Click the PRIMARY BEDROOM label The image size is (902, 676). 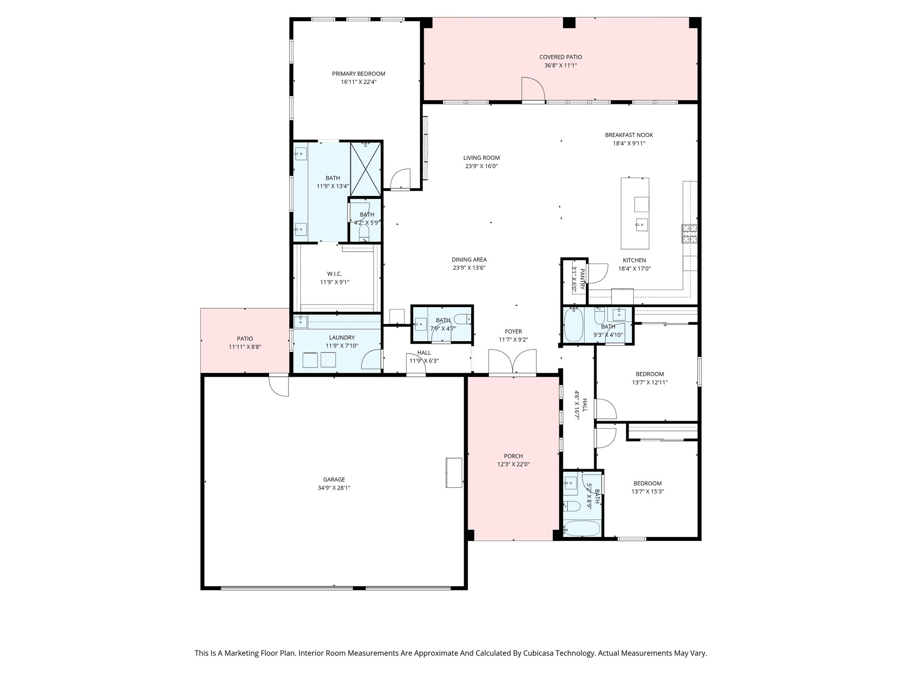[359, 73]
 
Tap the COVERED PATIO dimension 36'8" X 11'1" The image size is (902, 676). [560, 66]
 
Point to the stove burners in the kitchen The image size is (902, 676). [689, 233]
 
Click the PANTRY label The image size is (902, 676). [582, 279]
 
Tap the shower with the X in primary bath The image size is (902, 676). [366, 169]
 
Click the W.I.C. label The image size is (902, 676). [334, 274]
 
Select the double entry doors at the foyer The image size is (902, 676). [512, 362]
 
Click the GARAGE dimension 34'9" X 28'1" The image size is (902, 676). [334, 488]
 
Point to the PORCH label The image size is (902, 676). [513, 456]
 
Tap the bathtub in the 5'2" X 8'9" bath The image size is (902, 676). [582, 528]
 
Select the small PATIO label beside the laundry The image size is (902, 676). [245, 338]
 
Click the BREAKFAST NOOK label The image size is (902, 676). [628, 135]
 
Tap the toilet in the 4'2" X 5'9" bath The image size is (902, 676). [364, 231]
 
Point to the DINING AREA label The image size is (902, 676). [469, 260]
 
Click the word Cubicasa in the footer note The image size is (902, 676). [533, 653]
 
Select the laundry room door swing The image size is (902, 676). [371, 359]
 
